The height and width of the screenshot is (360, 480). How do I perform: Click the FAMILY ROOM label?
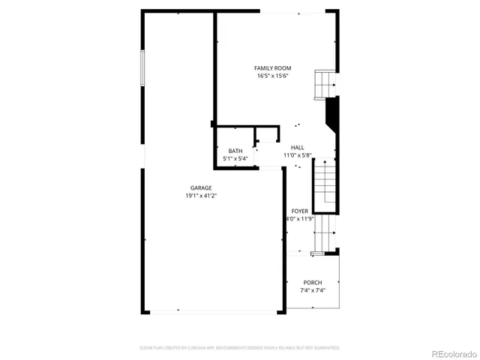click(x=272, y=68)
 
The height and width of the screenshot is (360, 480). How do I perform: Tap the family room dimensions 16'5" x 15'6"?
click(x=272, y=76)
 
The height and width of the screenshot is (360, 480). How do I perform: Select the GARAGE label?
click(x=200, y=187)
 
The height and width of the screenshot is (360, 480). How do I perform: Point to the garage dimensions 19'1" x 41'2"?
click(x=200, y=196)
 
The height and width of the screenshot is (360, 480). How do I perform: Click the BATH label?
click(x=235, y=151)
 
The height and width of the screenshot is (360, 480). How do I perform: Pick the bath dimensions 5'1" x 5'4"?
click(x=235, y=158)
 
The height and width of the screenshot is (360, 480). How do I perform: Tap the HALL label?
click(x=297, y=147)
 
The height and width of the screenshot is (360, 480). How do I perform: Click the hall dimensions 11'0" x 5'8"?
click(x=297, y=155)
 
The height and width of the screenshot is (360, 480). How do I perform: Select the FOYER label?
click(x=300, y=211)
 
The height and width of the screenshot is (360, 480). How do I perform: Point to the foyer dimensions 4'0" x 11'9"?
click(x=300, y=219)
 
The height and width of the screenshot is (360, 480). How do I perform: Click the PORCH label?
click(x=313, y=282)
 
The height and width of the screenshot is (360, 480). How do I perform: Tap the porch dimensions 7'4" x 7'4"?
click(x=313, y=289)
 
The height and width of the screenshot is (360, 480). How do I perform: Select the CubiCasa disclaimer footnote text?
click(x=240, y=348)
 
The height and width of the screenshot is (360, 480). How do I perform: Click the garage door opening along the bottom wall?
click(x=211, y=311)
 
